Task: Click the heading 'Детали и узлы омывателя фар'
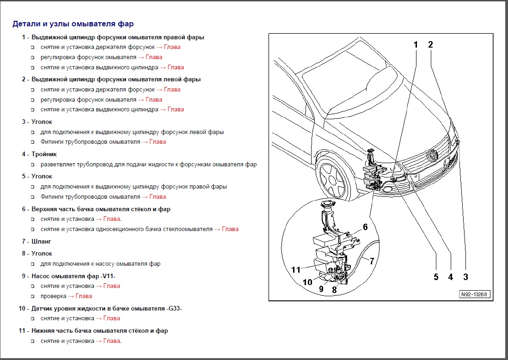point(73,24)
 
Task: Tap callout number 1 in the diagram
point(416,45)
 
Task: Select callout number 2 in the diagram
point(430,45)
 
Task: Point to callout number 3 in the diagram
point(465,277)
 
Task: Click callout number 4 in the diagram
point(450,277)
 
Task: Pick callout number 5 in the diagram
point(436,277)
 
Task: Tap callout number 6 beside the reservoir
point(365,227)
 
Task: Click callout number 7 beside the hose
point(372,261)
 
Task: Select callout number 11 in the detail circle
point(296,269)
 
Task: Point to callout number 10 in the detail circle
point(307,282)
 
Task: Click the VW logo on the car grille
point(433,155)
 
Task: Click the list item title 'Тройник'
point(44,154)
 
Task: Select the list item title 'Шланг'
point(41,241)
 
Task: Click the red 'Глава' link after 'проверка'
point(84,296)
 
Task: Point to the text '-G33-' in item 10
point(174,309)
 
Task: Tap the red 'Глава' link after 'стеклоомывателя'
point(230,229)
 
